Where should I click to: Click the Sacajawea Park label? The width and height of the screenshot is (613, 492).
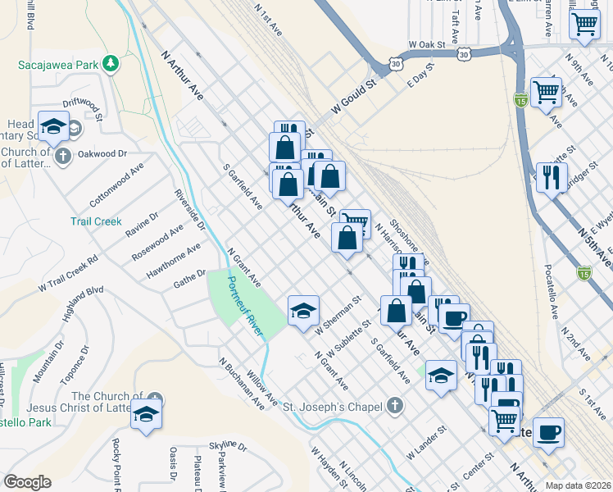[55, 64]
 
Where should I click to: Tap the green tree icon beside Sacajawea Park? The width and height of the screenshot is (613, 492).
[107, 63]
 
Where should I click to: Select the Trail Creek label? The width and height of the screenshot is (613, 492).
[95, 221]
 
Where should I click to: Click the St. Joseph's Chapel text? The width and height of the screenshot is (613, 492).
[332, 406]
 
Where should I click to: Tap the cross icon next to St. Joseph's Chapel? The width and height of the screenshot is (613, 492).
[395, 405]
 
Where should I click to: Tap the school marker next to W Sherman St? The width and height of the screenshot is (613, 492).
[302, 309]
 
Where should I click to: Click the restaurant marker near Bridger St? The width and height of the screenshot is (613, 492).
[551, 176]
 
